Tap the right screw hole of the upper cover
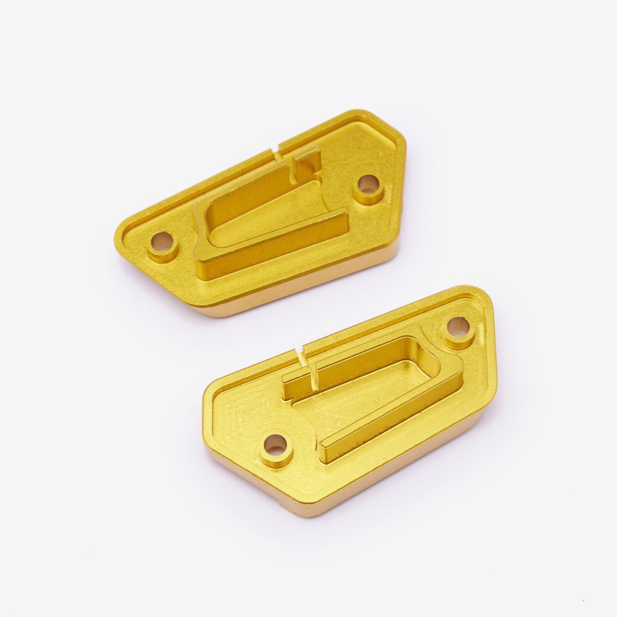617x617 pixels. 368,184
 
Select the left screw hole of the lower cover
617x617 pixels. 275,444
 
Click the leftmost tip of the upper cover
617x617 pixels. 117,247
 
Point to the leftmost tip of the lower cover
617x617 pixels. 204,395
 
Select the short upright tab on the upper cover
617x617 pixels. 307,162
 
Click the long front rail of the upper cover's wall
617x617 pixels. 271,250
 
